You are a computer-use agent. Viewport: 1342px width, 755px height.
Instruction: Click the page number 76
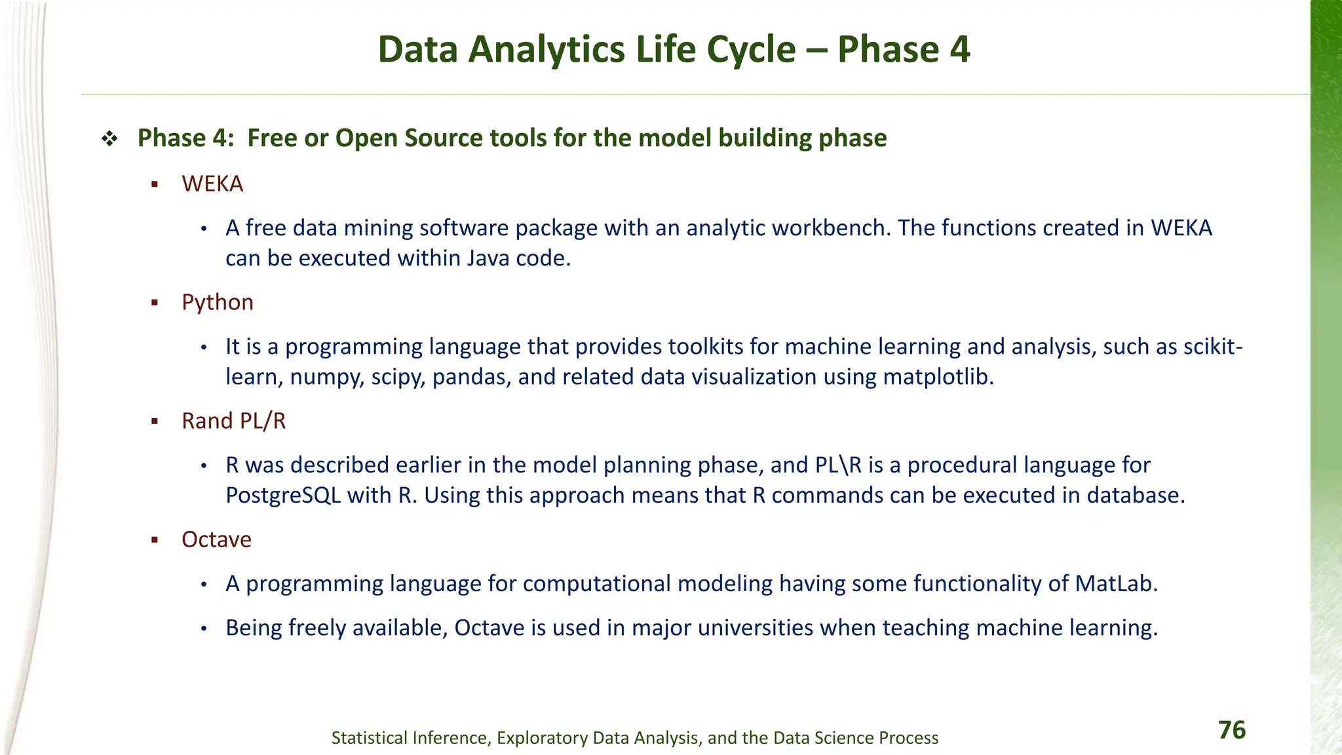[x=1231, y=730]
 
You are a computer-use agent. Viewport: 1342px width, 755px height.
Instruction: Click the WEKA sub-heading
[x=212, y=184]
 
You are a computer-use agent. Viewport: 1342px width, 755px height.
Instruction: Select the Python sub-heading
[x=218, y=303]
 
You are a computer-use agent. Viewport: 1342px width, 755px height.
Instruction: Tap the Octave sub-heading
[x=216, y=540]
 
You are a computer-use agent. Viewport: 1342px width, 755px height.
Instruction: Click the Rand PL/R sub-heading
[x=234, y=421]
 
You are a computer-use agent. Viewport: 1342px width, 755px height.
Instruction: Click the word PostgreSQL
[x=283, y=495]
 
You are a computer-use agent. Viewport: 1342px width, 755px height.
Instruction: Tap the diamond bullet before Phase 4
[x=109, y=139]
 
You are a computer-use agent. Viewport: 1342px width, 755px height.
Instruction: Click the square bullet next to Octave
[x=155, y=541]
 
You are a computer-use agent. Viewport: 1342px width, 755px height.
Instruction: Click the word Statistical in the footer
[x=370, y=738]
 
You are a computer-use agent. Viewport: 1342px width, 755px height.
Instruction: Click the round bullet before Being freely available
[x=204, y=629]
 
